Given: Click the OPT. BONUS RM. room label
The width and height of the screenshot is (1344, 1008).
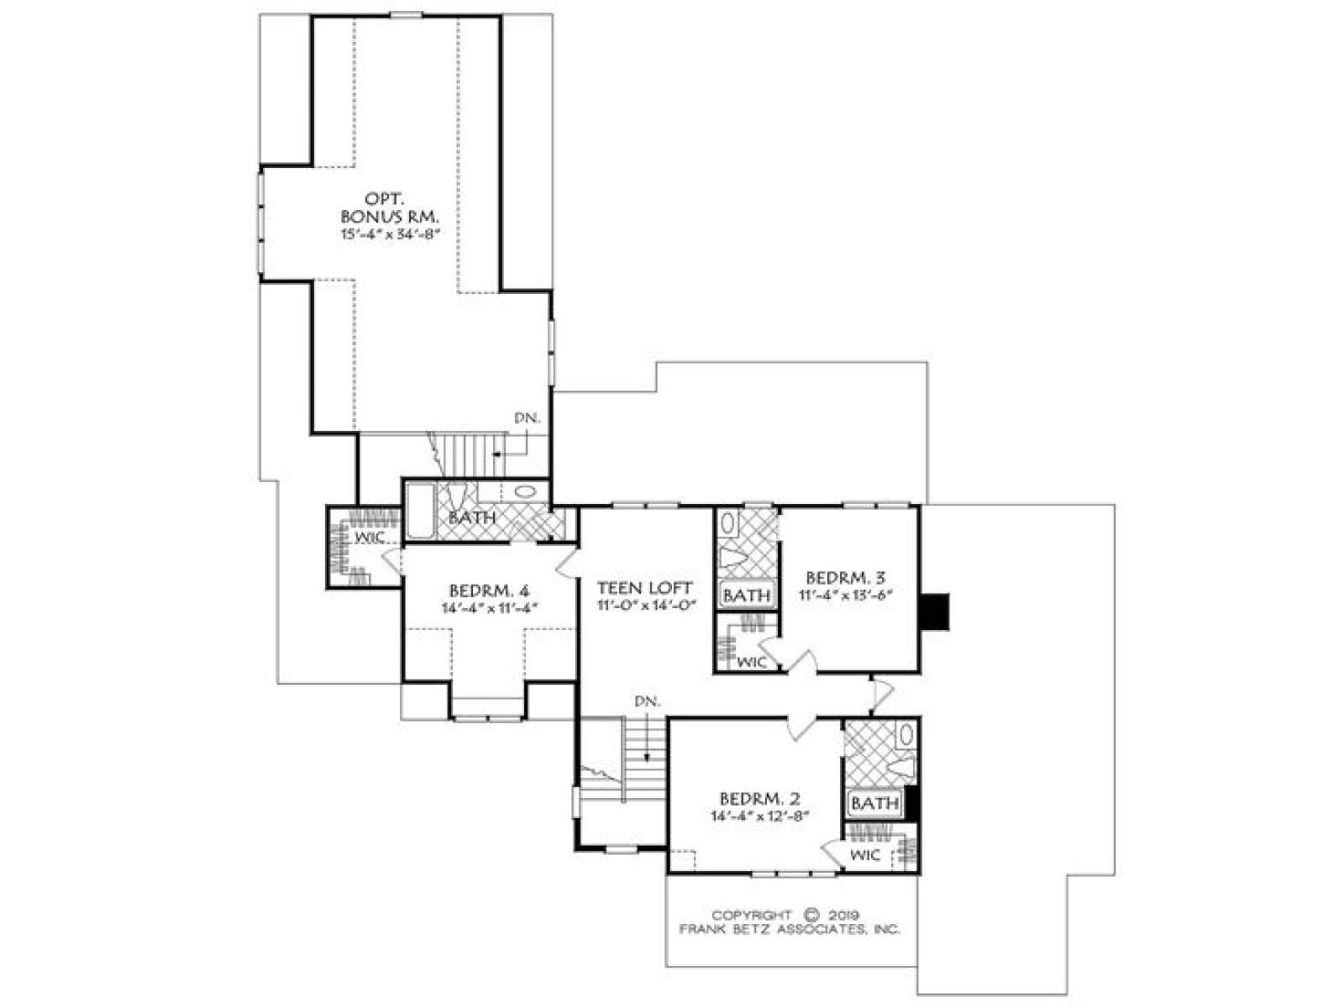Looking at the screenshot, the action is pyautogui.click(x=390, y=207).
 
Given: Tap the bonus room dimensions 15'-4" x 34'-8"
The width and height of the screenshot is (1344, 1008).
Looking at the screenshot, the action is pyautogui.click(x=391, y=234).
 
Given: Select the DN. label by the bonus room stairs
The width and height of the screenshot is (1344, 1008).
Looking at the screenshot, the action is pyautogui.click(x=528, y=418).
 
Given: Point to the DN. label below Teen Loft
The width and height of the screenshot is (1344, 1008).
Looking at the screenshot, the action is pyautogui.click(x=648, y=701).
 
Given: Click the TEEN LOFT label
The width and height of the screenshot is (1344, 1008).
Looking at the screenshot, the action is pyautogui.click(x=645, y=588).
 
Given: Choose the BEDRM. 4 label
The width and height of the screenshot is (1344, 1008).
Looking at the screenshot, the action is pyautogui.click(x=489, y=591).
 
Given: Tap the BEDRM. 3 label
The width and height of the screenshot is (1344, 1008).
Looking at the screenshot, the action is pyautogui.click(x=846, y=577).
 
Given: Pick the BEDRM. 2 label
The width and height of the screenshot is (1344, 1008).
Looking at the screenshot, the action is pyautogui.click(x=760, y=799).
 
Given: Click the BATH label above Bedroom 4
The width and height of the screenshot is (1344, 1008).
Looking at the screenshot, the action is pyautogui.click(x=471, y=517).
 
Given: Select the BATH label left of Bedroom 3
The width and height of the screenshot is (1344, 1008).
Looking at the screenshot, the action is pyautogui.click(x=747, y=595).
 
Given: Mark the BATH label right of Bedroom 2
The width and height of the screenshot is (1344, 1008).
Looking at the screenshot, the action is pyautogui.click(x=875, y=803).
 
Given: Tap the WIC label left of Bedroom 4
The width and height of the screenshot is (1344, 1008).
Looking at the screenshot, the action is pyautogui.click(x=370, y=538).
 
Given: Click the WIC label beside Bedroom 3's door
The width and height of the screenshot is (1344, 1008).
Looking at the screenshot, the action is pyautogui.click(x=752, y=662).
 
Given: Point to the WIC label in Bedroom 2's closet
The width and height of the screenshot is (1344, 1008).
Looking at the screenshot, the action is pyautogui.click(x=865, y=855).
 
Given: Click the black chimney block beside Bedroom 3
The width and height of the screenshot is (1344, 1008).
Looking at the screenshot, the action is pyautogui.click(x=935, y=612).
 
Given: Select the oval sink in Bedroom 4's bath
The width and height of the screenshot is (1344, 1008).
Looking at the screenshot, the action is pyautogui.click(x=525, y=491).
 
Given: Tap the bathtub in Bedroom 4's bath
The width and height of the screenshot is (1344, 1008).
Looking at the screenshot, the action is pyautogui.click(x=420, y=511).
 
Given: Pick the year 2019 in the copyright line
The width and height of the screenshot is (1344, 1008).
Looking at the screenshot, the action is pyautogui.click(x=844, y=916).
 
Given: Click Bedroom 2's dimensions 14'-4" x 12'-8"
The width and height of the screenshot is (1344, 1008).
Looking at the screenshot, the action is pyautogui.click(x=760, y=816).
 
